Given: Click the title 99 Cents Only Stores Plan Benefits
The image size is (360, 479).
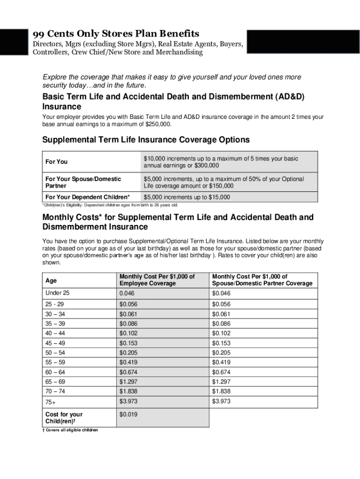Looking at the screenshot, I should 115,34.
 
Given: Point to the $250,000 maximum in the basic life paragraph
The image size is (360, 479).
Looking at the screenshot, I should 158,124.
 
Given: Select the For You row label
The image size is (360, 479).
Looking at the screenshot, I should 56,162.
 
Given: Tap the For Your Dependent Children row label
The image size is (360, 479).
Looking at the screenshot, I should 88,197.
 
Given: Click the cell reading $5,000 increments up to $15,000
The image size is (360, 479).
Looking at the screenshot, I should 187,197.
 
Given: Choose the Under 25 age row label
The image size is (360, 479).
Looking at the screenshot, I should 57,293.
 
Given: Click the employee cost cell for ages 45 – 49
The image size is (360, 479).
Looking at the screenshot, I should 129,343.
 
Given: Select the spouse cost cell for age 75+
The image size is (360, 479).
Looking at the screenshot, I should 222,402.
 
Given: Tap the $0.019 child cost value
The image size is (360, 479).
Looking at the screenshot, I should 129,414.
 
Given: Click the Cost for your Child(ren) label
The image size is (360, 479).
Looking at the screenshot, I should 64,418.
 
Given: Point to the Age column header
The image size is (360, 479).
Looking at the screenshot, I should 51,281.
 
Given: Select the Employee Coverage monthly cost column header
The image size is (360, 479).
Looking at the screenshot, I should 157,280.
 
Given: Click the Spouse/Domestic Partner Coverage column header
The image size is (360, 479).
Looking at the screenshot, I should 262,280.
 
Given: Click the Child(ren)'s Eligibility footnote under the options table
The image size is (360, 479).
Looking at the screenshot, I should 110,205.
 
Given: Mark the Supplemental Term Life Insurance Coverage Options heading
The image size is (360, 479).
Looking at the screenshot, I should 146,140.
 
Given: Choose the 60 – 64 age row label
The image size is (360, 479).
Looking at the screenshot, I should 55,372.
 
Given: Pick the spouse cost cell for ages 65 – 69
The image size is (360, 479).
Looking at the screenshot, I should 222,382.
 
